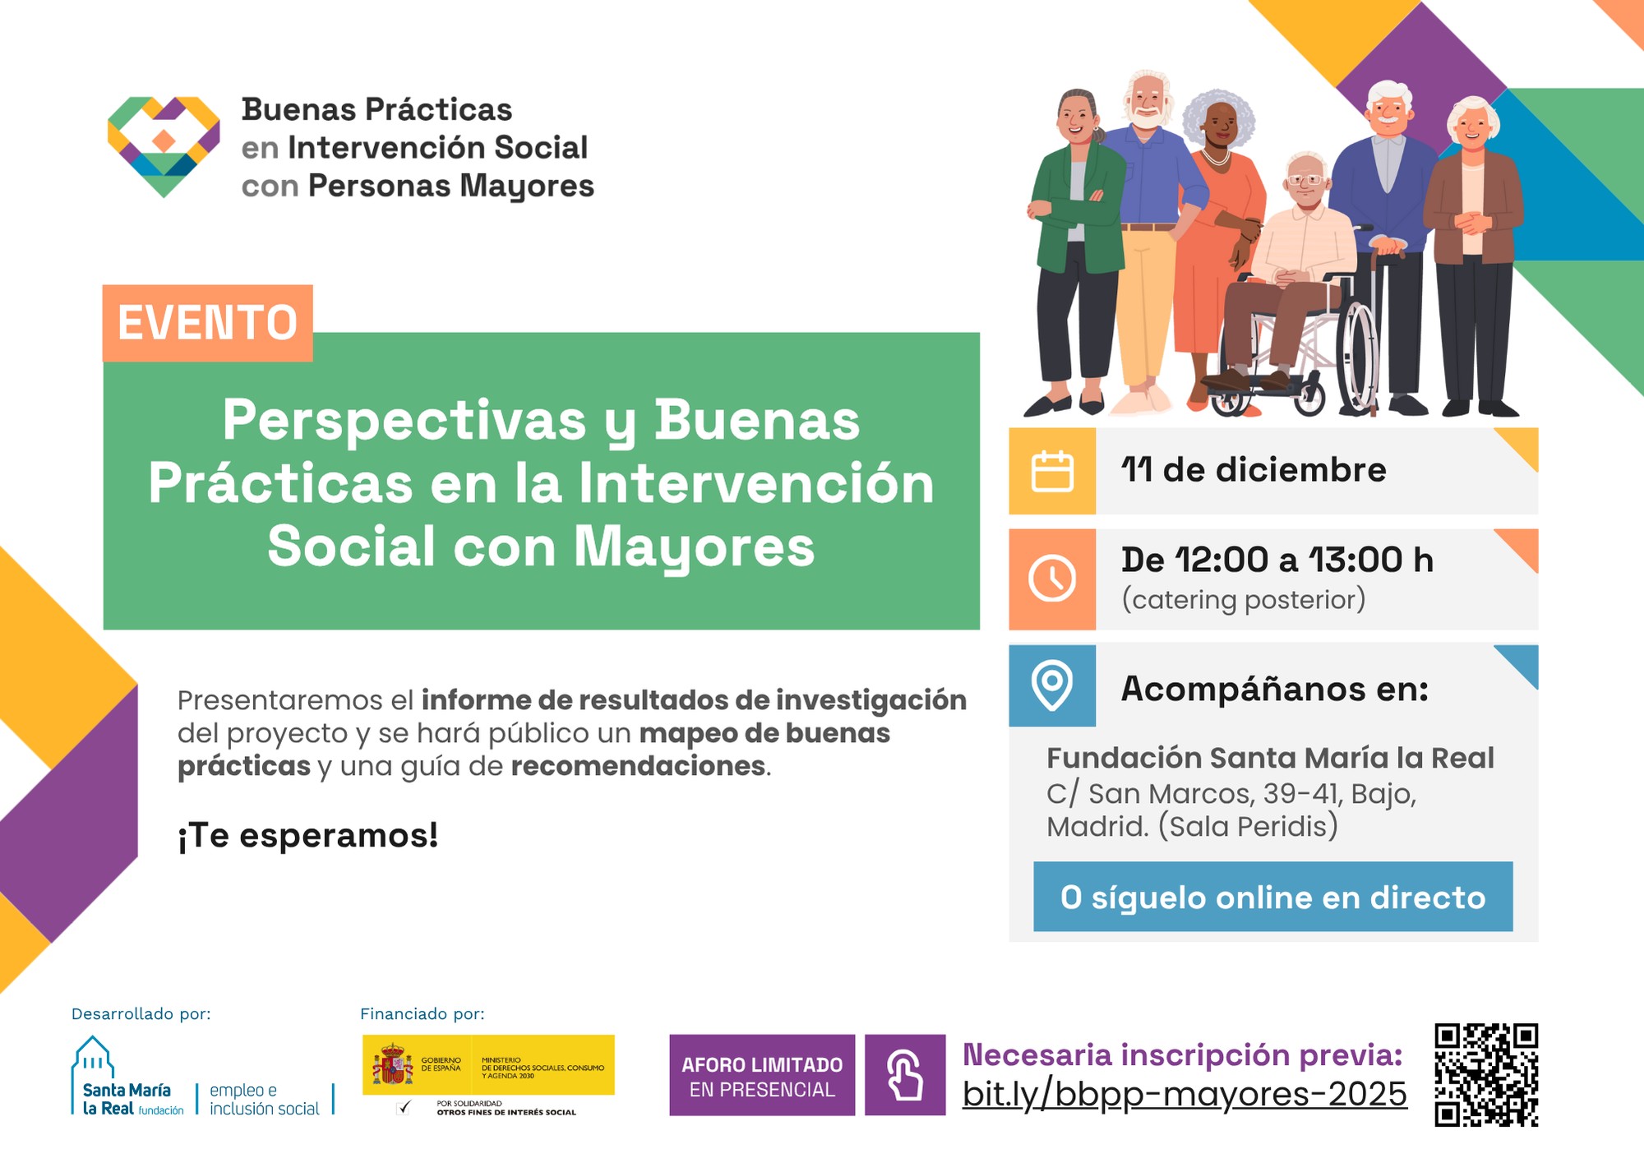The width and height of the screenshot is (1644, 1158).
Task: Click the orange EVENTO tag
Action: (x=207, y=323)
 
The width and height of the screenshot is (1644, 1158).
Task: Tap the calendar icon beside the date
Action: (x=1052, y=471)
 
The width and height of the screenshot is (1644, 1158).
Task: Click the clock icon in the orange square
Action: (x=1052, y=579)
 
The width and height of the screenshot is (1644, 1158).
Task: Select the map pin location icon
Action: (x=1052, y=685)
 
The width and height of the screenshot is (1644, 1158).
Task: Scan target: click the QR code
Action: (x=1486, y=1074)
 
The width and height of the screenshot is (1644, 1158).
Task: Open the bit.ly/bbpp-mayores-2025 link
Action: (x=1185, y=1094)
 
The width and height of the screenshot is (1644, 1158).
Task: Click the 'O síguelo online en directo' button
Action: (x=1272, y=897)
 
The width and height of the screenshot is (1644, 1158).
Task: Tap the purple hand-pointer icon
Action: (x=905, y=1074)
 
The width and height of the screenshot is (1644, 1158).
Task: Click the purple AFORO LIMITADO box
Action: (x=762, y=1075)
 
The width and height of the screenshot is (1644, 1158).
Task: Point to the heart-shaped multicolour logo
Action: (x=164, y=146)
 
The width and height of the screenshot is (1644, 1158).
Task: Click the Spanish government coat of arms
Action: (x=393, y=1065)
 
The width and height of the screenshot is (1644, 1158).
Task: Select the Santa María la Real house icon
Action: (x=93, y=1057)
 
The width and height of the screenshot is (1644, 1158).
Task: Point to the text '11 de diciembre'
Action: (x=1254, y=470)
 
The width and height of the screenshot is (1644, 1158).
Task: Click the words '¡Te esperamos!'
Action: (x=308, y=835)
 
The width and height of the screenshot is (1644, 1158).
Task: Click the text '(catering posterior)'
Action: (x=1244, y=600)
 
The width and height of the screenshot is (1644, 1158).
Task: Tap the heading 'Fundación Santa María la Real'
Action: (x=1270, y=758)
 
